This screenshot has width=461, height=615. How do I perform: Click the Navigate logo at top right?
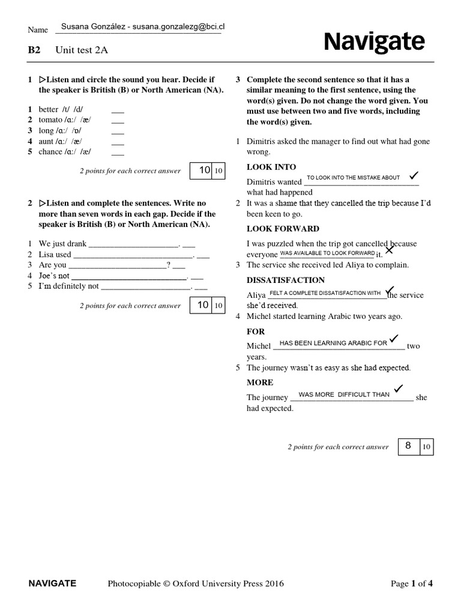pos(374,43)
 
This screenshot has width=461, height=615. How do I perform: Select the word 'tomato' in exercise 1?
pos(50,120)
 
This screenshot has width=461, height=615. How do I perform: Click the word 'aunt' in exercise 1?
pos(46,141)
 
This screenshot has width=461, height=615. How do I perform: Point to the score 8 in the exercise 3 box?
pos(408,446)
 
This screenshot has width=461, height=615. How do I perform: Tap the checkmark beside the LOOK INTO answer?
pos(412,176)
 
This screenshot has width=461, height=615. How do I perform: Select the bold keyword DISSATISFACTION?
pos(286,280)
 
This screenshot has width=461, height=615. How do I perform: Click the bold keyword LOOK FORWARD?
pos(283,229)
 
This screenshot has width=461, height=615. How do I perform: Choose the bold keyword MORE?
pos(260,383)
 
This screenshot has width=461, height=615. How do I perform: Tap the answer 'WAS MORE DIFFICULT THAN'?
pos(344,395)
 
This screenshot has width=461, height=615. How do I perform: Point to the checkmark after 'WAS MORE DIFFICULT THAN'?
pos(399,389)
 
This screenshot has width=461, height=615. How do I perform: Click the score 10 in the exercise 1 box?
pos(205,170)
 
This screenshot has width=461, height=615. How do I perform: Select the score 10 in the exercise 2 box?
pos(203,305)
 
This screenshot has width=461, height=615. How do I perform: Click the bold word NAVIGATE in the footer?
pos(52,583)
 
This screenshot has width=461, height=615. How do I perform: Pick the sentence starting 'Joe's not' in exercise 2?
pos(54,276)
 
